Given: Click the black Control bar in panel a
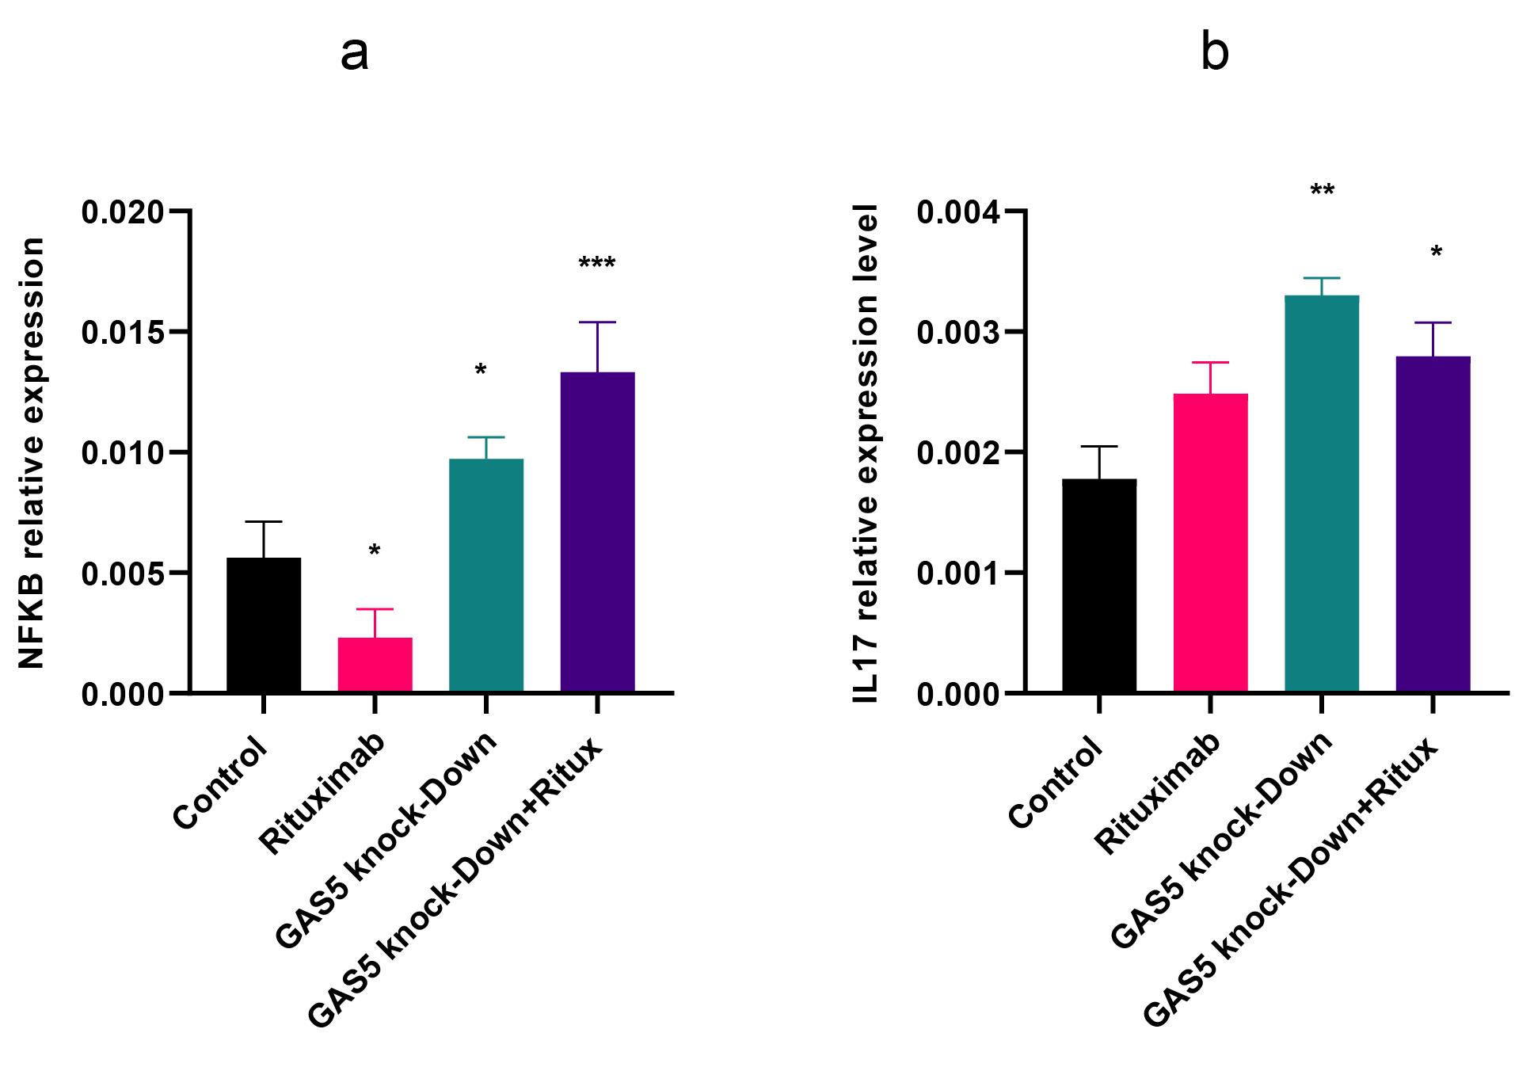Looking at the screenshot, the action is [264, 625].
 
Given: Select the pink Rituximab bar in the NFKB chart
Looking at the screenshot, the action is [375, 665].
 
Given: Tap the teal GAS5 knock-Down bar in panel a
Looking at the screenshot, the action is [486, 576].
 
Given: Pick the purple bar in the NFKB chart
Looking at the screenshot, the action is [597, 532].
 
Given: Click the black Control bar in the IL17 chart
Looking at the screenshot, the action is [1099, 586].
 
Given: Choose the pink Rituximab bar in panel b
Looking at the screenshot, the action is [1211, 543].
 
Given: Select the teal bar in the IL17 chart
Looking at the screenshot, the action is [1322, 494].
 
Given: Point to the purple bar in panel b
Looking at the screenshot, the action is [1433, 524].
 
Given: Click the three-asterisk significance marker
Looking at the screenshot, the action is [597, 263].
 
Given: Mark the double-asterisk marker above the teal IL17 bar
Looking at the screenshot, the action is [1323, 190].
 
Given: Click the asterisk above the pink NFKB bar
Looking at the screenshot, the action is [375, 550].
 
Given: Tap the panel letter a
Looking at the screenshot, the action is [354, 55].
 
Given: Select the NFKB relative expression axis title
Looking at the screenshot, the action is [31, 453].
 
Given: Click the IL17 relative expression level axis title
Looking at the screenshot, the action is [866, 454].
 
